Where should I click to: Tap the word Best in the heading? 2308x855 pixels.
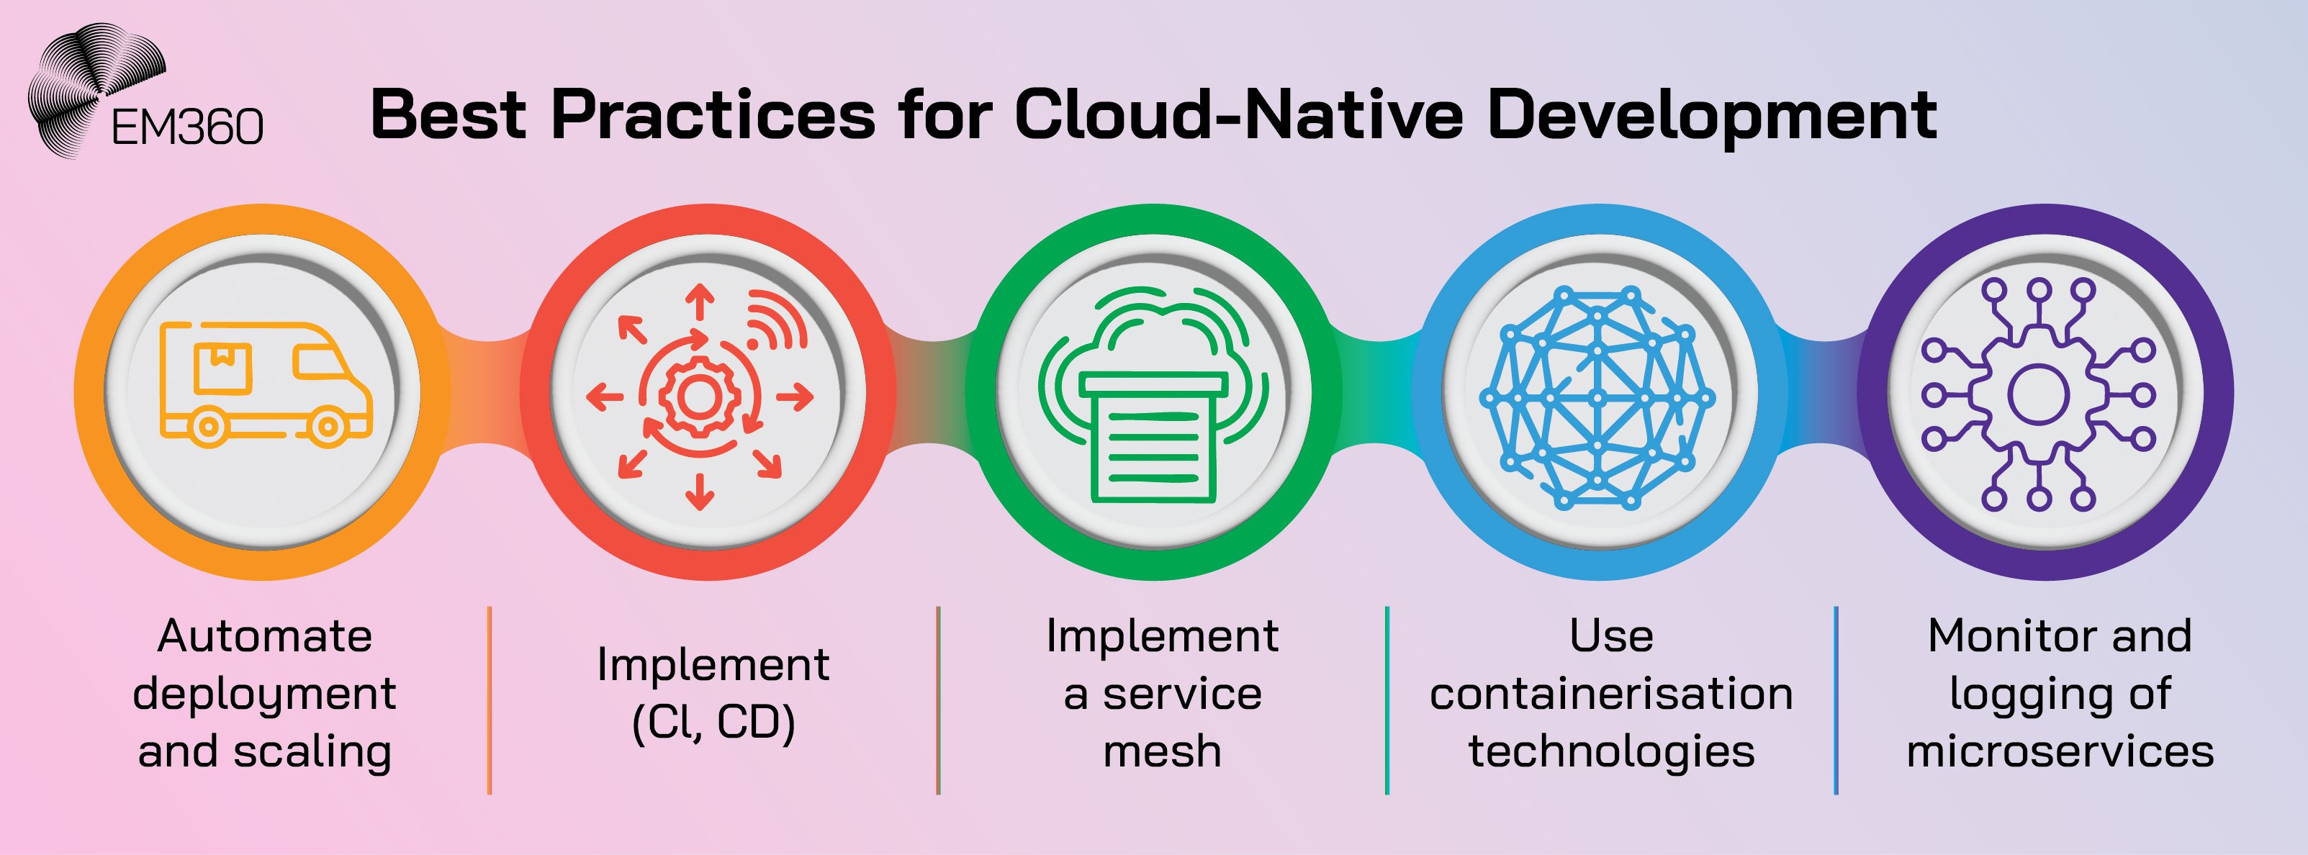pyautogui.click(x=448, y=114)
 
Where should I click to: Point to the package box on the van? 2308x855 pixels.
pyautogui.click(x=223, y=367)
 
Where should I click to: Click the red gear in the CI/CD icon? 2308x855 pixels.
pyautogui.click(x=698, y=396)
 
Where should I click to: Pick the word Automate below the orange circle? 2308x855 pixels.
pyautogui.click(x=264, y=636)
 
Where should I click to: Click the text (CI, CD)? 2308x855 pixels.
pyautogui.click(x=713, y=723)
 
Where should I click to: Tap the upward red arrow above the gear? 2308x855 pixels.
pyautogui.click(x=700, y=302)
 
